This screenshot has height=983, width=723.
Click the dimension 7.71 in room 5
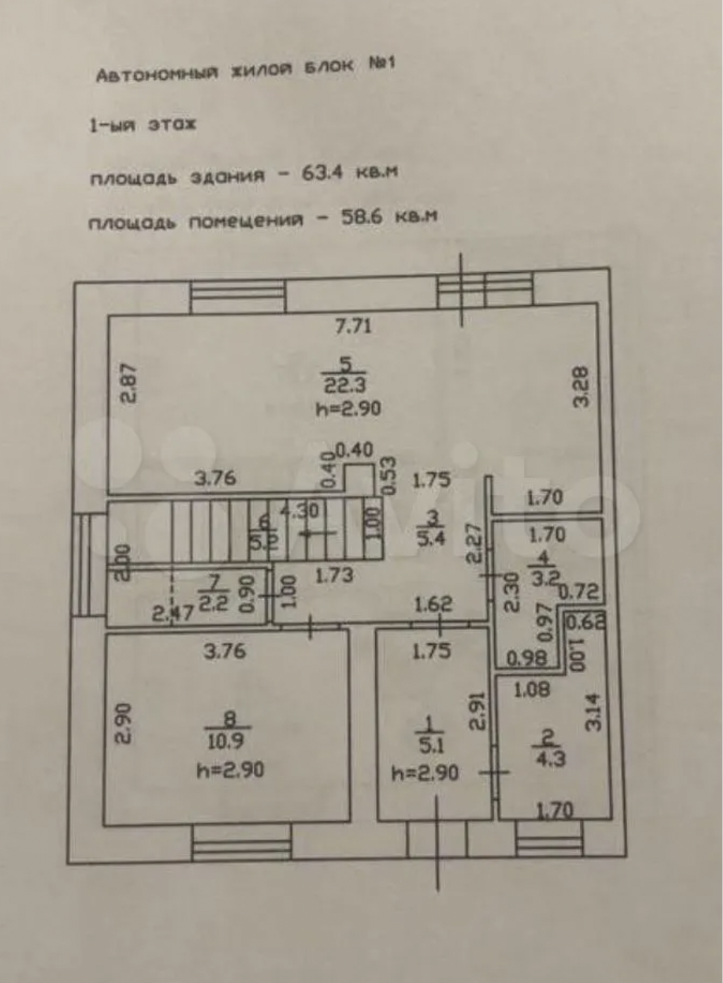tap(354, 326)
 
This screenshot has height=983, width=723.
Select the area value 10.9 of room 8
tap(225, 741)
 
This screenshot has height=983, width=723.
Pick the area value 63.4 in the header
tap(322, 173)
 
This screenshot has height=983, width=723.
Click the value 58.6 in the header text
tap(361, 217)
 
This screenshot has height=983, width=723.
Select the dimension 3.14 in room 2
tap(594, 711)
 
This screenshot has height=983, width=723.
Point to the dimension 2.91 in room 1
tap(478, 711)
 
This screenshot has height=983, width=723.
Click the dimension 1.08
tap(532, 690)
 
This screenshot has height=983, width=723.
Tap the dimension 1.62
tap(433, 603)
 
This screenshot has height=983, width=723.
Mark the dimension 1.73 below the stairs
tap(333, 575)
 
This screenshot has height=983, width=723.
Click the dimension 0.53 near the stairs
tap(389, 476)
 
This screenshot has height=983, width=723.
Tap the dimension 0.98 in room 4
tap(527, 658)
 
